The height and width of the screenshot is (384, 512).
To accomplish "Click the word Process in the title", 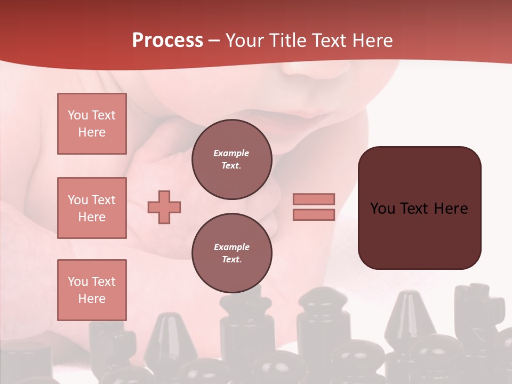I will [x=167, y=41].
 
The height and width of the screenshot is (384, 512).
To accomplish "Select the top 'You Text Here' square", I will [x=92, y=124].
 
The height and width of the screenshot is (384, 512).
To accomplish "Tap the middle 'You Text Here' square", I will [x=92, y=208].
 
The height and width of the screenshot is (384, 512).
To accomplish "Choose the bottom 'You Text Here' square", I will [x=92, y=290].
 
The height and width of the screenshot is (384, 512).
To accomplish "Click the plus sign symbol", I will [x=164, y=207].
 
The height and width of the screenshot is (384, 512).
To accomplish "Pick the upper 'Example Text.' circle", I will [x=231, y=159].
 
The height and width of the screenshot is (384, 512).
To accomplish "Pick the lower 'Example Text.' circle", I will [x=231, y=253].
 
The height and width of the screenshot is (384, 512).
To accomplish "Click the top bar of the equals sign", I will [x=314, y=199].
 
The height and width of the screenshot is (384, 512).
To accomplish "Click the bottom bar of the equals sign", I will [x=314, y=214].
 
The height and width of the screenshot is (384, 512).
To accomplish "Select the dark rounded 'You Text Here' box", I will [x=419, y=207].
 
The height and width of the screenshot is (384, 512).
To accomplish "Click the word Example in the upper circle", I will [x=231, y=153].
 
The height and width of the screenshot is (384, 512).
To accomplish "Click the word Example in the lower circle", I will [x=231, y=247].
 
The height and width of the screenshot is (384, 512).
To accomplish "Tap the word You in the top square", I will [x=77, y=115].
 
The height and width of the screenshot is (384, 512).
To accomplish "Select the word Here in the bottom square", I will [x=92, y=299].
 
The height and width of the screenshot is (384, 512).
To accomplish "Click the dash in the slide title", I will [x=214, y=41].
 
